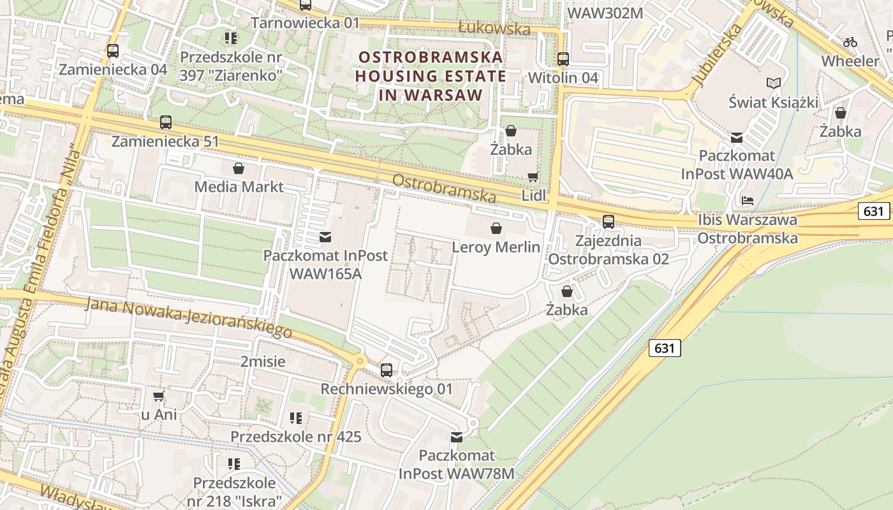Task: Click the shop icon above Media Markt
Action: point(239,168)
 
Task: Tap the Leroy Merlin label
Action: point(496,247)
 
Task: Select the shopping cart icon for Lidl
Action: point(533,177)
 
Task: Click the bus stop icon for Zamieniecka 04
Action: point(113,51)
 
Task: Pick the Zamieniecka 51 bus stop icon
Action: point(166,122)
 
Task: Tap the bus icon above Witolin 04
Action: point(563,59)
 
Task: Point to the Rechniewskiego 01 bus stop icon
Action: point(386,370)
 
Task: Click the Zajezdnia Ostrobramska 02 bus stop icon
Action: point(609,222)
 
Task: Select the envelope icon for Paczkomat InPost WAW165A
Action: point(325,237)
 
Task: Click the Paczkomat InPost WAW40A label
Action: point(737,164)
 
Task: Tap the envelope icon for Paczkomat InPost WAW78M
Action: point(457,437)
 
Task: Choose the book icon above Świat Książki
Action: point(773,84)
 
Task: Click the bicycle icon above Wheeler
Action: point(850,42)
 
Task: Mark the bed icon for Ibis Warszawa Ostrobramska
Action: point(748,201)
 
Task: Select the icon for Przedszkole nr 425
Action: point(295,418)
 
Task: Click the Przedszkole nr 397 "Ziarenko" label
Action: point(231,66)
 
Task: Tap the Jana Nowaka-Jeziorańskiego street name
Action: point(188,317)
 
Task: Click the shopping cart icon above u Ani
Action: point(158,396)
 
